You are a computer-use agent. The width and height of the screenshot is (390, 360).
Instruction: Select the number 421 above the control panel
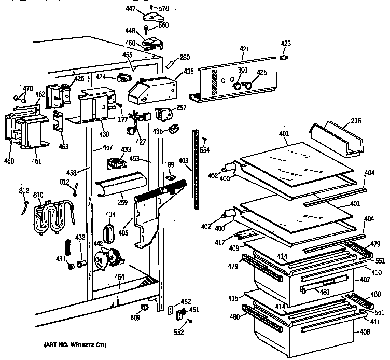245,49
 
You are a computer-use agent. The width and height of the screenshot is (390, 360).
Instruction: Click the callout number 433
125,149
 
